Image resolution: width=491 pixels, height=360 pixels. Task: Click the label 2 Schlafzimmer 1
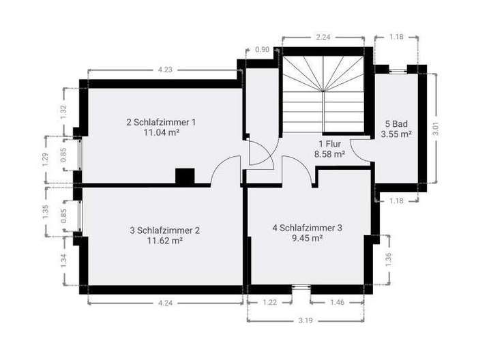point(161,123)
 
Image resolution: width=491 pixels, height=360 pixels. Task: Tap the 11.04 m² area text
point(161,133)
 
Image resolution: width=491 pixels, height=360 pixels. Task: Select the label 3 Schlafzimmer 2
point(164,230)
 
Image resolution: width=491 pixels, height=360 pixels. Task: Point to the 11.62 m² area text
point(164,241)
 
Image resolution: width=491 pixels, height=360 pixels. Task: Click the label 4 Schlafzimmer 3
point(307,228)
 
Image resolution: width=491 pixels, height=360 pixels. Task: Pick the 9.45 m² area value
point(307,238)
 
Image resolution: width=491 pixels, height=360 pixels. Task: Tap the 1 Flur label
point(329,145)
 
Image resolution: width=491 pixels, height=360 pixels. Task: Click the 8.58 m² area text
point(329,155)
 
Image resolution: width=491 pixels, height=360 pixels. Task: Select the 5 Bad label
point(397,124)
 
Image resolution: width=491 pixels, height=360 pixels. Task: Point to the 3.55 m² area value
point(397,134)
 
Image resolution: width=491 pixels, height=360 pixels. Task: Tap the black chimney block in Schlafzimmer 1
point(185,176)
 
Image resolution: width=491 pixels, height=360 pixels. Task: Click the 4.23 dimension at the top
point(164,69)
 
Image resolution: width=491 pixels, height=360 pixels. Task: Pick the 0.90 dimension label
point(261,50)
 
